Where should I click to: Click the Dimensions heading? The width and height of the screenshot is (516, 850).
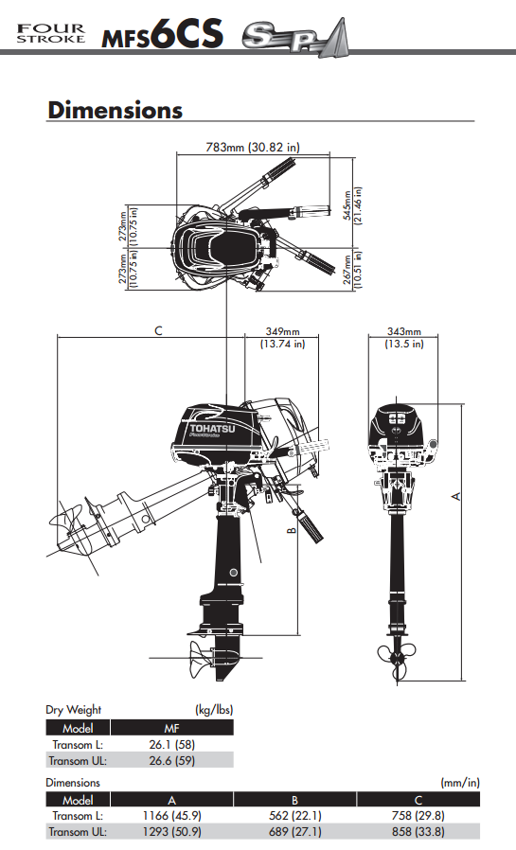pos(115,110)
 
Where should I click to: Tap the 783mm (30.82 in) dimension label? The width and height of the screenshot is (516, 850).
pos(253,147)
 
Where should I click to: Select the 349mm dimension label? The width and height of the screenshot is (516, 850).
pos(282,338)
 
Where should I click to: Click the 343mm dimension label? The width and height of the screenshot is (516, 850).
pos(404,338)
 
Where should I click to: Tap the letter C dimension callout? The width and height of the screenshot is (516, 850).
pos(158,330)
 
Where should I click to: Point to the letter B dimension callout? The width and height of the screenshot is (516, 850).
pos(292,531)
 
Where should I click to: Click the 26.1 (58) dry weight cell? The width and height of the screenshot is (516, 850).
pos(171,743)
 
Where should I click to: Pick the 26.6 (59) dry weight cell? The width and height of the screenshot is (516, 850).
pos(171,759)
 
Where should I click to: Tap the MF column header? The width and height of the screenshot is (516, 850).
pos(171,728)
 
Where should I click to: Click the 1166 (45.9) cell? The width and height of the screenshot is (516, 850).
pos(171,816)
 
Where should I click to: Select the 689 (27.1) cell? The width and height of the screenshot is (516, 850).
pos(294,832)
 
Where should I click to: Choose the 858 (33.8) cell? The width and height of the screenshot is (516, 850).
pos(417,832)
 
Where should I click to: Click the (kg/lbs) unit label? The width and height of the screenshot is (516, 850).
pos(213,709)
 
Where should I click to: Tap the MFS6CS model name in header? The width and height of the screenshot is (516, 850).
pos(163,36)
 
